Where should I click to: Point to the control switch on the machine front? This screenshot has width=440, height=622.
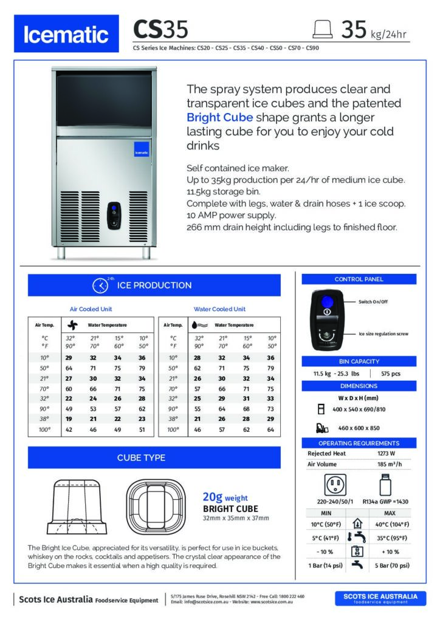(114, 215)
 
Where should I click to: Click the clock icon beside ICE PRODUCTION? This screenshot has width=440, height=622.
(100, 285)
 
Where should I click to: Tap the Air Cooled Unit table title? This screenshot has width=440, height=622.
(91, 309)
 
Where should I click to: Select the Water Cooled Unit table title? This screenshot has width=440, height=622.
(219, 309)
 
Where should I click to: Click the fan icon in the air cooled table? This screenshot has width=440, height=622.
(72, 325)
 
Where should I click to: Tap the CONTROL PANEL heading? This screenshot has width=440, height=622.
(359, 279)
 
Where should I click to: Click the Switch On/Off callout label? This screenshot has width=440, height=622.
(373, 301)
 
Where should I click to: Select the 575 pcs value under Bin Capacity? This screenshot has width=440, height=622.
(390, 374)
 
